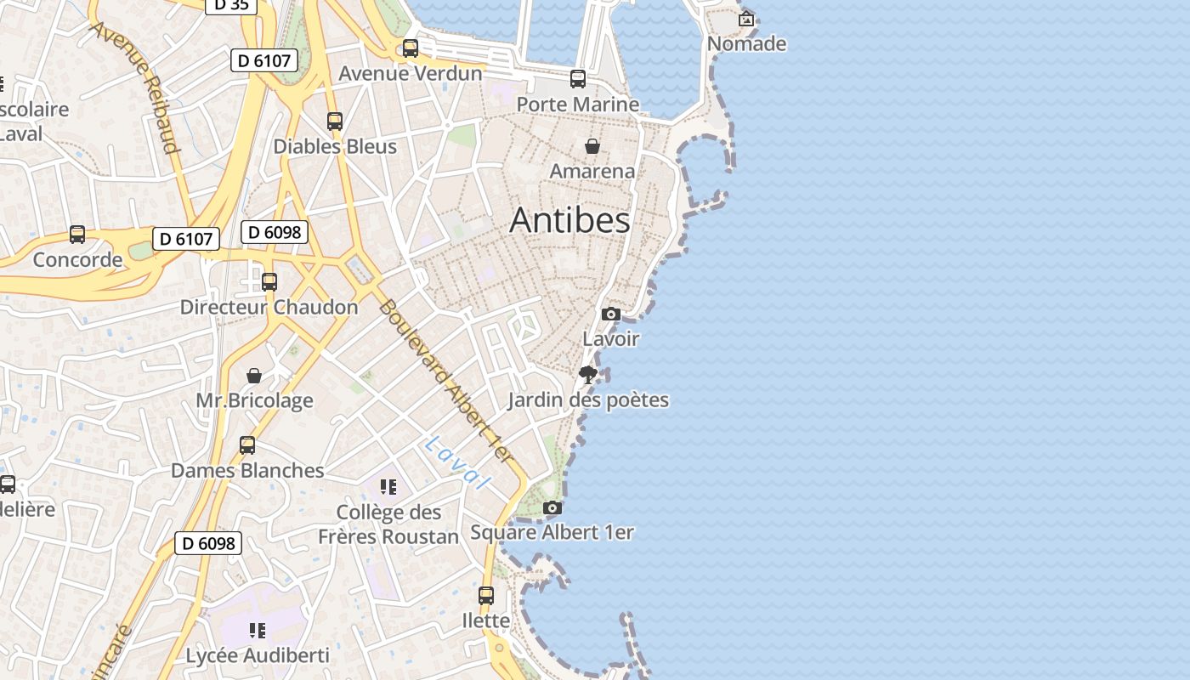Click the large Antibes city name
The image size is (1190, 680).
[569, 220]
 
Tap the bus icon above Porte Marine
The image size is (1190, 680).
[578, 79]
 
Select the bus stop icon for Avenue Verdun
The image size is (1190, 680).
[411, 48]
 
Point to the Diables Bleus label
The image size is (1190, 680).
[335, 146]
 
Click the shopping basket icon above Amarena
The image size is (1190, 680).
[592, 146]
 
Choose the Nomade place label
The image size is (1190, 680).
[746, 43]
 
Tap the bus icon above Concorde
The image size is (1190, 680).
[77, 235]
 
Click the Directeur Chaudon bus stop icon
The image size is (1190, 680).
[269, 282]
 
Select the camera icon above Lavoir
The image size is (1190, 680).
[610, 314]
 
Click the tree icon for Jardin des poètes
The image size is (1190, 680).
[587, 375]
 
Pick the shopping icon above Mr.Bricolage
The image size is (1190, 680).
[254, 376]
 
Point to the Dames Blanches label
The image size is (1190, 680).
[247, 470]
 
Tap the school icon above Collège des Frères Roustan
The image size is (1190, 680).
[388, 487]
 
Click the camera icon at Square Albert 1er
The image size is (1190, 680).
[552, 508]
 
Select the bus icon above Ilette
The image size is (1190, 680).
[486, 596]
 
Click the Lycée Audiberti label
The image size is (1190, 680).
[257, 655]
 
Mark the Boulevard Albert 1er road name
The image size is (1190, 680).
[445, 382]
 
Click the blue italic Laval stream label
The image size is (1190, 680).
[457, 462]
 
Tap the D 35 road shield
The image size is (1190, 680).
[230, 5]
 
